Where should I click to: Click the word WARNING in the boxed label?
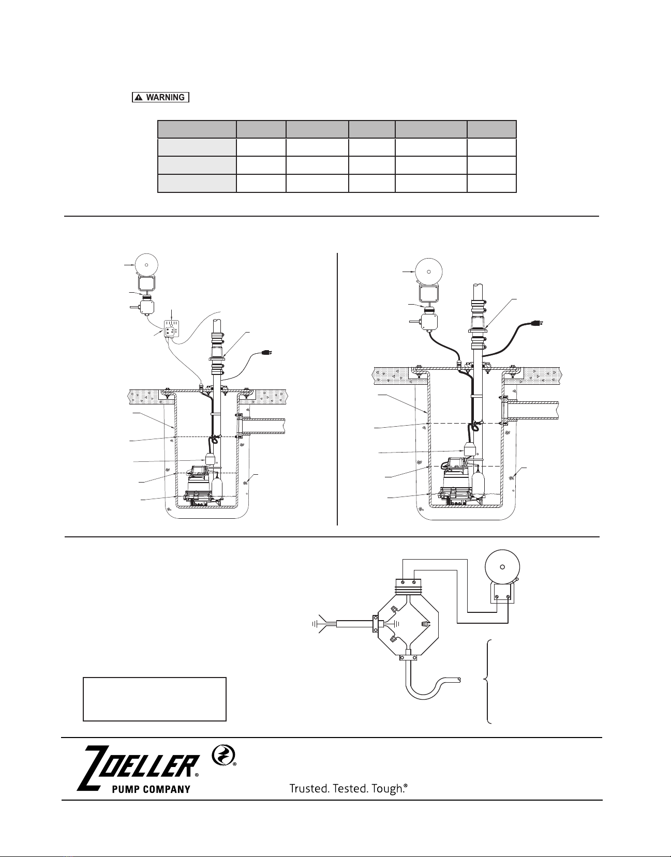(165, 97)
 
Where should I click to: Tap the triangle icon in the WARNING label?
(139, 97)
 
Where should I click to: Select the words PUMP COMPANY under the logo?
(151, 789)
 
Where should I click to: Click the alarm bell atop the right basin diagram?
(428, 272)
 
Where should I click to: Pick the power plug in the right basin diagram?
(538, 323)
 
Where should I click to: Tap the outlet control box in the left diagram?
(172, 329)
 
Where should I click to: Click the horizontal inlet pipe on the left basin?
(263, 426)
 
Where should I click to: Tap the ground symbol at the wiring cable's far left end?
(315, 624)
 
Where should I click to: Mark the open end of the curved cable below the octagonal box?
(459, 680)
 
